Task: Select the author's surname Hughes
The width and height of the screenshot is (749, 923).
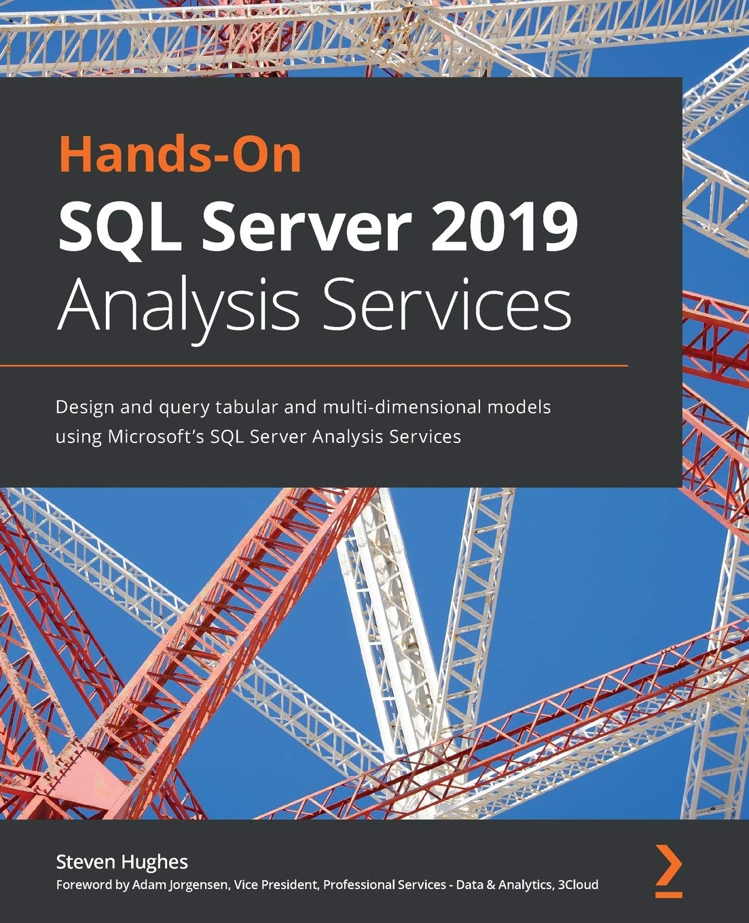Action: tap(155, 862)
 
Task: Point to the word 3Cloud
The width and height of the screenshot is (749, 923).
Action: tap(577, 884)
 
